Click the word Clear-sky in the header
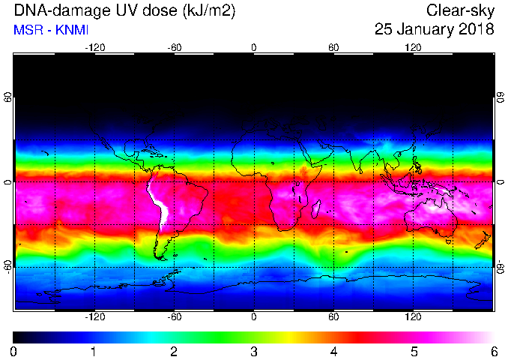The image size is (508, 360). pos(460,10)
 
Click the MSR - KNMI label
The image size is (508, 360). pos(51,30)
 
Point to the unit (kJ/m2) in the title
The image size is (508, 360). pos(208,10)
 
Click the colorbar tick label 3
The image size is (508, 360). pos(254,352)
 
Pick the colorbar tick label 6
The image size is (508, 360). pos(494,352)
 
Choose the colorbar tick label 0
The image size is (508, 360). pos(13,352)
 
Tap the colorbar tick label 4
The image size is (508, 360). pos(333,352)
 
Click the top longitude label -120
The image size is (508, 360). pos(95,48)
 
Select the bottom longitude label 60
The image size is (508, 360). pos(333,316)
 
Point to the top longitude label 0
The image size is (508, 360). pos(254,48)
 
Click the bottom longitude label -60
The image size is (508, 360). pos(175,316)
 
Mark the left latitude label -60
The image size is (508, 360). pos(7,267)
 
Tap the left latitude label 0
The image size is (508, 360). pos(7,182)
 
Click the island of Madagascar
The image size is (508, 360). pos(316,209)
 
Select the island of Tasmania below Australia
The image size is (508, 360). pos(449,241)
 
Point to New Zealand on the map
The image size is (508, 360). pos(483,240)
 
